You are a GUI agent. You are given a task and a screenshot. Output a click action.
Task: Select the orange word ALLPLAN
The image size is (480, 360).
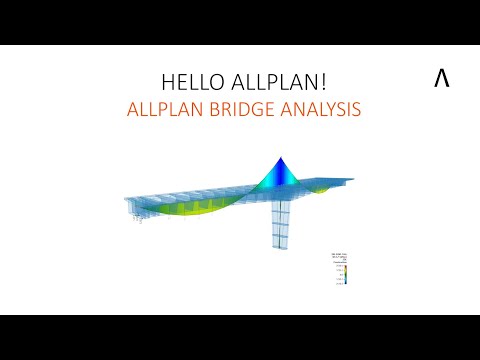[165, 110]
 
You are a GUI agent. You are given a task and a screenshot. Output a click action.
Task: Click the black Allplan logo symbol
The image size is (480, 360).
[441, 81]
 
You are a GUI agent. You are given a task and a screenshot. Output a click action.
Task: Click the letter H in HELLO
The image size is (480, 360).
[167, 82]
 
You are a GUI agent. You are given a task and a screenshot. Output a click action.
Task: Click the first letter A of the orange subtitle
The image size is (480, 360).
[133, 110]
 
